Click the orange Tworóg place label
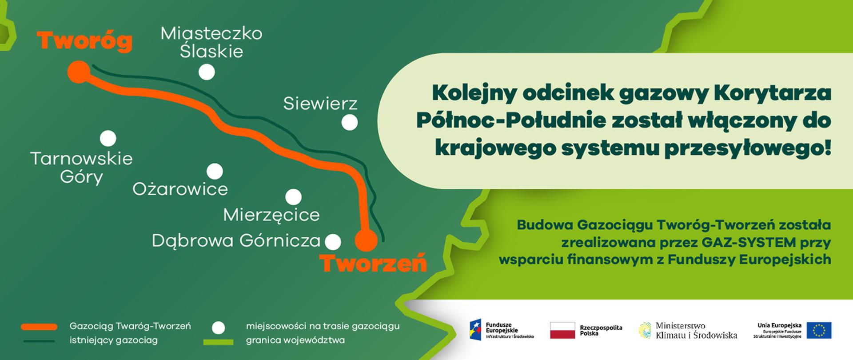click(x=84, y=41)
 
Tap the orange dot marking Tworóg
click(x=79, y=72)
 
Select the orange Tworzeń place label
click(x=373, y=263)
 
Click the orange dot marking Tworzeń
click(x=366, y=240)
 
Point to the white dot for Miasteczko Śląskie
click(x=207, y=72)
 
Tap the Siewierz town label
click(x=320, y=104)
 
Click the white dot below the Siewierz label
click(x=350, y=122)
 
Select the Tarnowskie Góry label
click(x=81, y=168)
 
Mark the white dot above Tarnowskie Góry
click(x=108, y=139)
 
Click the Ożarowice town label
click(x=180, y=189)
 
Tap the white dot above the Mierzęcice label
click(x=293, y=197)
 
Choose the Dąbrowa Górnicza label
click(x=236, y=241)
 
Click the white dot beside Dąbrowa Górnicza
click(x=333, y=242)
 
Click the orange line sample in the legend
click(x=39, y=327)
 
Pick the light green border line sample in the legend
click(x=218, y=342)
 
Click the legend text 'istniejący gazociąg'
click(x=114, y=341)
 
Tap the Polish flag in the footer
click(x=562, y=331)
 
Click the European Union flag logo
click(x=819, y=331)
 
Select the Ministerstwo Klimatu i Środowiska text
click(x=696, y=331)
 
